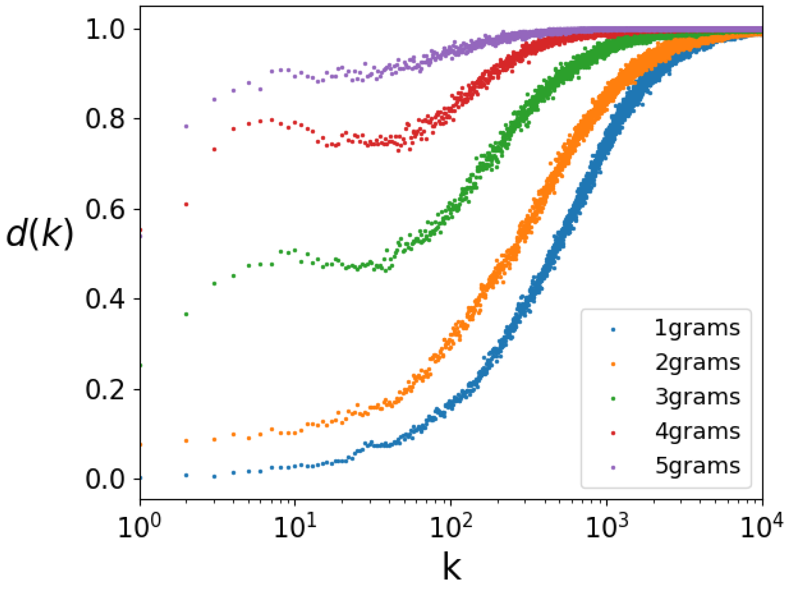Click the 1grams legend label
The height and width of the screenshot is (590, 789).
pos(697,328)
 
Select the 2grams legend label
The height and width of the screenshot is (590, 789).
pos(697,363)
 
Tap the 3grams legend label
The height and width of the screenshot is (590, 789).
pos(697,397)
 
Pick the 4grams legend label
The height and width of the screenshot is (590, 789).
pos(697,432)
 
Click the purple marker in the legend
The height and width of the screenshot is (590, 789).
pos(613,468)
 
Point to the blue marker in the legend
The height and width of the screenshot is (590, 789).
pos(613,330)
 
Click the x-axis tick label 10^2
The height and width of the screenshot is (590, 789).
pos(451,527)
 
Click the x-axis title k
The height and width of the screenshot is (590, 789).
pos(451,567)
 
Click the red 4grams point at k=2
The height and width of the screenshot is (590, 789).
pos(186,204)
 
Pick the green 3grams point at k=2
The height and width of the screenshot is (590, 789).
pos(186,314)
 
